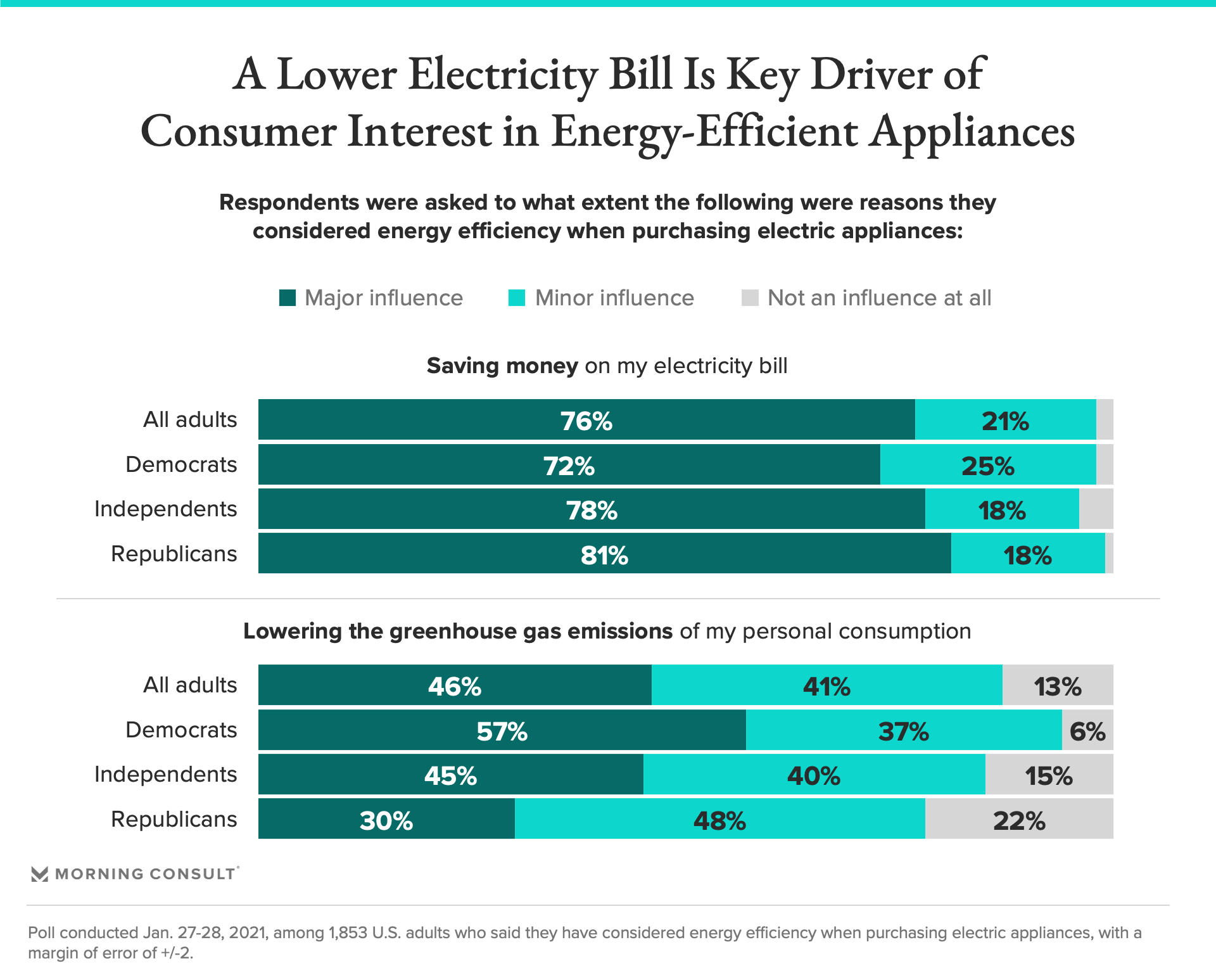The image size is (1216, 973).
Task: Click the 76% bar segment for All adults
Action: point(586,420)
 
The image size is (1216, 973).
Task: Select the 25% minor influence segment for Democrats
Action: point(987,465)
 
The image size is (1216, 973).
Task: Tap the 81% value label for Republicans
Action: point(604,556)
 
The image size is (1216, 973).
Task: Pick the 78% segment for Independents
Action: point(592,509)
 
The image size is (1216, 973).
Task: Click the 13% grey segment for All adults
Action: point(1057,685)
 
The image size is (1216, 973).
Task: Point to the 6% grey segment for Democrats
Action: point(1087,730)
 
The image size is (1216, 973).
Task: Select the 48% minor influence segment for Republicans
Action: point(719,820)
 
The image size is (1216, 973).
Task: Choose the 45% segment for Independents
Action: point(450,775)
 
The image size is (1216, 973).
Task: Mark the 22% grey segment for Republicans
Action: point(1018,820)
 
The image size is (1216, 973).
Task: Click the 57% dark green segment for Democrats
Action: point(502,730)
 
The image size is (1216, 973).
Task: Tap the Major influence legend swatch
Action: point(288,298)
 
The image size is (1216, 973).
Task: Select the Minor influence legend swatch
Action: point(517,298)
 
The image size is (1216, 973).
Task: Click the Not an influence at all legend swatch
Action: point(750,298)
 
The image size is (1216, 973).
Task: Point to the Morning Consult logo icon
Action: point(39,874)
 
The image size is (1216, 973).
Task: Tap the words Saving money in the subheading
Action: point(502,366)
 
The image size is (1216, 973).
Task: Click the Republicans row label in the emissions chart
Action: point(174,819)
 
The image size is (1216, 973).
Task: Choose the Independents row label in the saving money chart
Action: point(165,509)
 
